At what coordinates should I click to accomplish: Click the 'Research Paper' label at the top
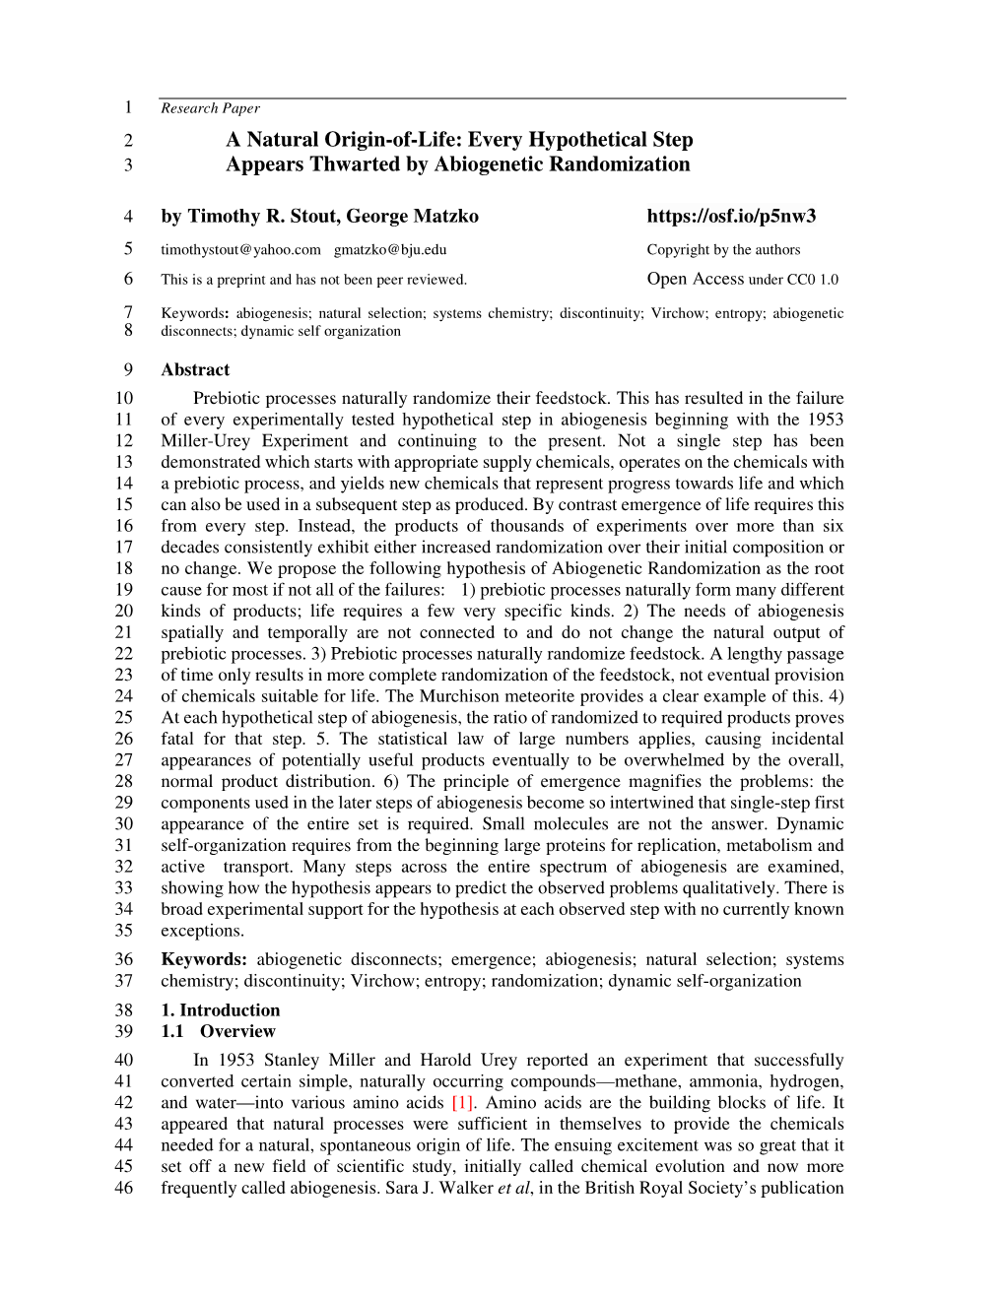point(210,108)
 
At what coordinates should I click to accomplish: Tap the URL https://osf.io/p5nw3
point(732,216)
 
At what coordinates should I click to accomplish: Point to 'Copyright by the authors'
point(723,249)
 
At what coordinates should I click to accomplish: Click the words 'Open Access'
point(695,279)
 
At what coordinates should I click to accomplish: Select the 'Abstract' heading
point(195,370)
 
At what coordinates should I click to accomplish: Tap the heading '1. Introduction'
point(220,1009)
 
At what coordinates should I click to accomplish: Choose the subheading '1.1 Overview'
point(218,1031)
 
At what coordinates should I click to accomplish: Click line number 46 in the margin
point(124,1188)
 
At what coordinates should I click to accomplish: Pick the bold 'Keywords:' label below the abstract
point(204,959)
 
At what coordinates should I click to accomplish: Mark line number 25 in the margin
point(124,718)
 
